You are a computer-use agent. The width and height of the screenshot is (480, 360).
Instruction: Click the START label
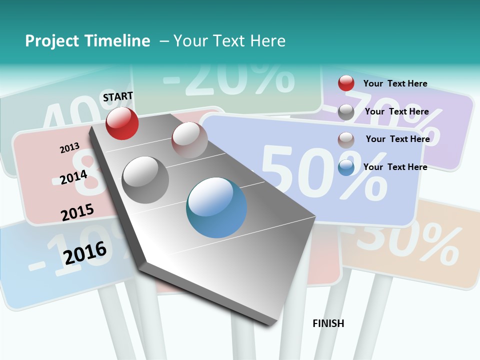[x=118, y=96]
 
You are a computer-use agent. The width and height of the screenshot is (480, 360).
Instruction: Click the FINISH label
[x=328, y=323]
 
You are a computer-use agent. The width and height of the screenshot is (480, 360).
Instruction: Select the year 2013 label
[x=69, y=148]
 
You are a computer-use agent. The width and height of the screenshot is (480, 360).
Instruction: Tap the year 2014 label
[x=73, y=177]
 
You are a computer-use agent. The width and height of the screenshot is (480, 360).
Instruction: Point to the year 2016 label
[x=85, y=252]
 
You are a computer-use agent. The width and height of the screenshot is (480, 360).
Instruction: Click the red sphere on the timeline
[x=122, y=123]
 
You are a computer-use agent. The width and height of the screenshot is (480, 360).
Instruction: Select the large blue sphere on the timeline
[x=216, y=207]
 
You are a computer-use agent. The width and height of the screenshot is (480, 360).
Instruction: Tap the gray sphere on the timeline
[x=145, y=179]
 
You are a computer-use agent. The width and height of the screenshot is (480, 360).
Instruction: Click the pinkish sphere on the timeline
[x=189, y=139]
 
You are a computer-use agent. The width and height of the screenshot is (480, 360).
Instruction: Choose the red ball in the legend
[x=346, y=83]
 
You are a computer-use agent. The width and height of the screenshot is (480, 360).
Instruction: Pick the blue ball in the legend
[x=346, y=167]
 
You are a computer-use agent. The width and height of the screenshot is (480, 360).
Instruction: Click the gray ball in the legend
[x=346, y=111]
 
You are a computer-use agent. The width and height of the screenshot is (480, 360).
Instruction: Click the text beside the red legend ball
[x=395, y=83]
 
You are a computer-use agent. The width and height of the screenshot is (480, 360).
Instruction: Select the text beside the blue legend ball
[x=395, y=167]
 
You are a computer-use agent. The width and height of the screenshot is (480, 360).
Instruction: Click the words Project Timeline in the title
[x=87, y=41]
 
